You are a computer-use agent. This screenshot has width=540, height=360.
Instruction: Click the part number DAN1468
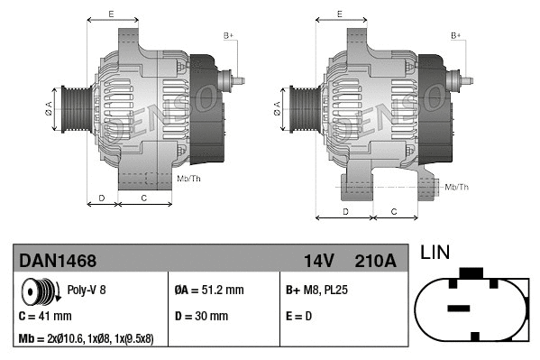click(57, 261)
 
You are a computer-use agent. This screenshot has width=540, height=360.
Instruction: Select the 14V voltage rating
click(319, 261)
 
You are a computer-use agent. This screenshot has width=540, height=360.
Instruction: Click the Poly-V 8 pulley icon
click(39, 293)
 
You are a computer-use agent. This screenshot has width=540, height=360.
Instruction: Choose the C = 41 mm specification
click(45, 317)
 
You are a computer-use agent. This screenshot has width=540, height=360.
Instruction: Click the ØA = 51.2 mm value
click(208, 291)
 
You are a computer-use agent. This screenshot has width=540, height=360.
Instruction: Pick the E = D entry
click(301, 317)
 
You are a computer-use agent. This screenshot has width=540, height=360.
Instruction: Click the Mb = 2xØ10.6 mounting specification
click(87, 340)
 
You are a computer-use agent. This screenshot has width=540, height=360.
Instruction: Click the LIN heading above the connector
click(435, 254)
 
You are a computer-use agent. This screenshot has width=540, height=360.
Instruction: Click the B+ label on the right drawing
click(456, 34)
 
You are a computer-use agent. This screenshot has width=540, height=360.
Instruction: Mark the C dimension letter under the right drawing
click(394, 210)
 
